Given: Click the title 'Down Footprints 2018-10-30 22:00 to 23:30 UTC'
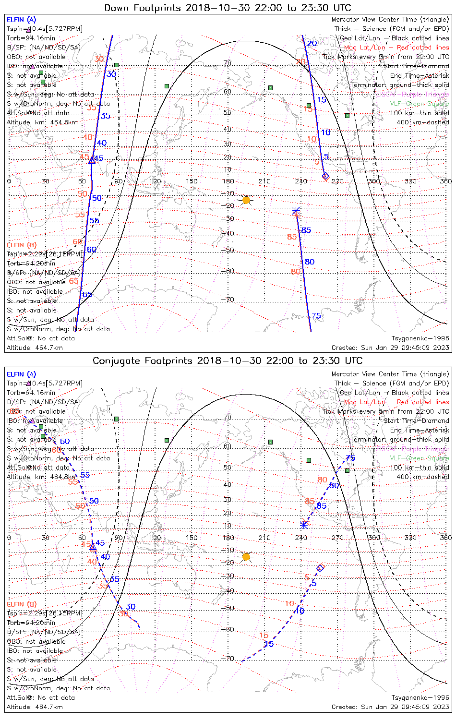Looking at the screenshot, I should coord(228,8).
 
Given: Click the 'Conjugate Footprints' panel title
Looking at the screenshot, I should coord(228,360).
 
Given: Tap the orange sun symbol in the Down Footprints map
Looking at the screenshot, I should coord(246,200).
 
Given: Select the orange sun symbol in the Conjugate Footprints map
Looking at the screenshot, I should coord(246,557).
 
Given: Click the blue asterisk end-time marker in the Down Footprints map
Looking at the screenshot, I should coord(296,211).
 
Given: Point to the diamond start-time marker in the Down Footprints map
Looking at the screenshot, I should coord(325,176).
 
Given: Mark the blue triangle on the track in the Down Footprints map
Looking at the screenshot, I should coord(92,160).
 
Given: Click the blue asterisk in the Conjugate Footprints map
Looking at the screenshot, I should coord(303,524).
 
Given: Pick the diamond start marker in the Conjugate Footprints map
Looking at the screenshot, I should coord(321,568).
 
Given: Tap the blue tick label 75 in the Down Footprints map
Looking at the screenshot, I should coord(316,316).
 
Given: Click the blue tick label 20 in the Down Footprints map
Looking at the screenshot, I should coord(312,44).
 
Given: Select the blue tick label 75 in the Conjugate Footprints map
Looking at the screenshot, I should coord(350,458).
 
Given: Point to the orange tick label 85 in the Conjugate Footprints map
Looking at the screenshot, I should coord(310,502).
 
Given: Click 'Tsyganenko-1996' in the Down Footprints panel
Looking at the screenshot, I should coord(420,338).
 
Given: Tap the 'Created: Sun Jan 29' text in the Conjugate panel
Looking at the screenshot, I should coord(390,707).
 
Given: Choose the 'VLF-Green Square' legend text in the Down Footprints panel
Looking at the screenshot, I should coord(419,104).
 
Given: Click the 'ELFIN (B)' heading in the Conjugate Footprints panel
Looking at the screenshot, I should coord(22,604).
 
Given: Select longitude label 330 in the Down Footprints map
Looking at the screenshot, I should coord(410,181).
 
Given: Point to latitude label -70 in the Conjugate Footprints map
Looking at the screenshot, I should coord(228,659).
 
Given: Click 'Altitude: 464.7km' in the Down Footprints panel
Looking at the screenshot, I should coord(35,348).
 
